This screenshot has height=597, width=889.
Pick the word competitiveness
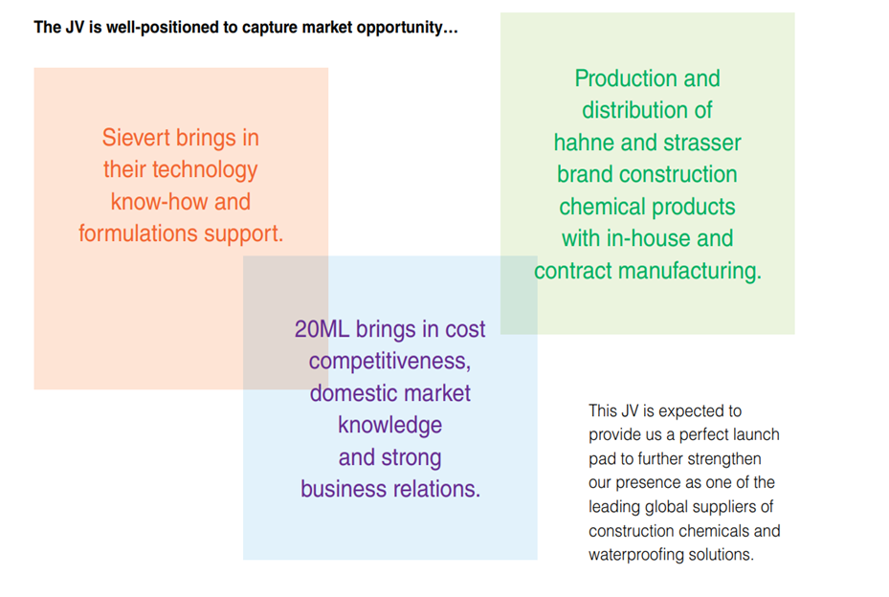389,362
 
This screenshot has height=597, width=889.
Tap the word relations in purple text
435,489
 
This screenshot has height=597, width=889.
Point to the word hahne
587,143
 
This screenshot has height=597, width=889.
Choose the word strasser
701,143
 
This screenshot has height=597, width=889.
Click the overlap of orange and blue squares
285,322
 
